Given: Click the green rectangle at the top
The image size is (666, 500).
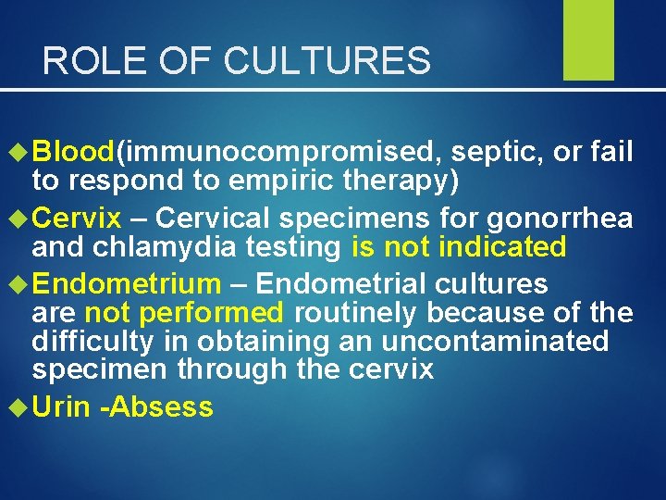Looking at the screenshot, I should [588, 40].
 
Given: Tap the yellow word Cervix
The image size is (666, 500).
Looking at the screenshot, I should [76, 218].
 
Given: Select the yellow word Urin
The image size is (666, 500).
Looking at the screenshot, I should [61, 406].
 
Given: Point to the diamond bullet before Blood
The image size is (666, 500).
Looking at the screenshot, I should [19, 151].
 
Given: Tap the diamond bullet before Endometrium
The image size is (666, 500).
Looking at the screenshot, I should [19, 283].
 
